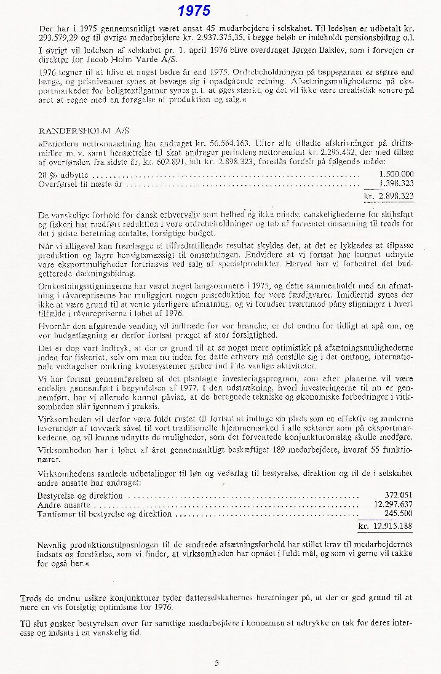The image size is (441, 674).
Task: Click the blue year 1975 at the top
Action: click(194, 11)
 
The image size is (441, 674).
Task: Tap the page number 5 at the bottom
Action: click(217, 662)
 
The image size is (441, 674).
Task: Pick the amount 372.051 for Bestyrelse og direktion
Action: click(399, 495)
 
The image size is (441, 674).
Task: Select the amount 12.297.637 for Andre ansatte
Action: click(393, 504)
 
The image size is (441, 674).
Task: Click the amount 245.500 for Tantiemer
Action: click(399, 513)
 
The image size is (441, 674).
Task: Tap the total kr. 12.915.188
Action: click(386, 526)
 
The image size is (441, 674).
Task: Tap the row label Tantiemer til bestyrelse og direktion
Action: click(105, 513)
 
